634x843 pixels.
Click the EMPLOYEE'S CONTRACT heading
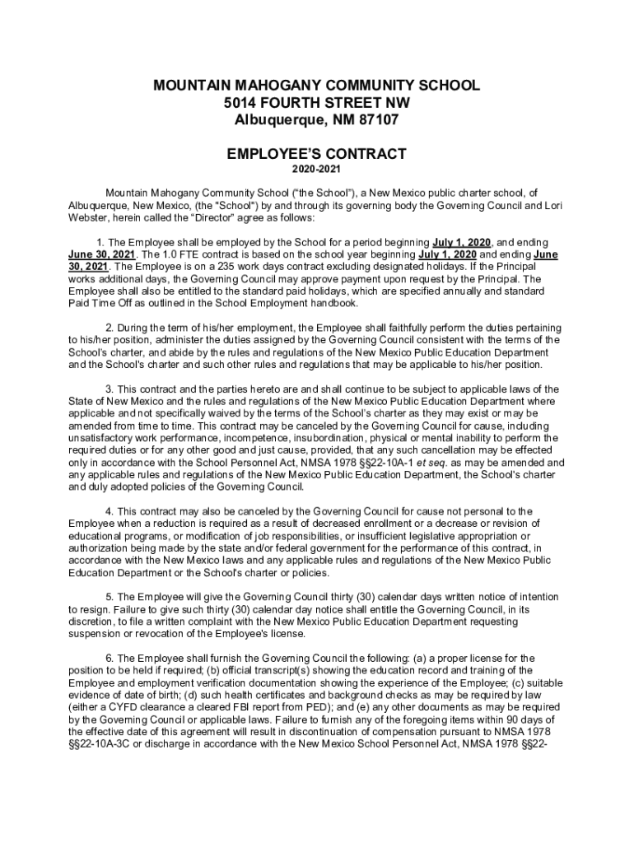317,154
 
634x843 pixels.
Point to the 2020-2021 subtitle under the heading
317,172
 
